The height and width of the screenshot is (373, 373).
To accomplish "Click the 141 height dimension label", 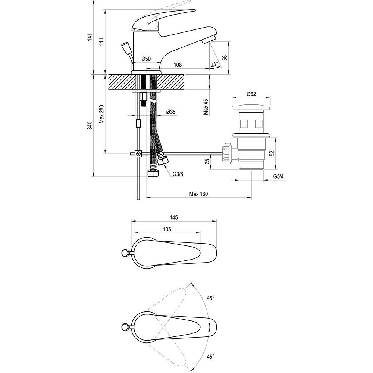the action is point(90,37).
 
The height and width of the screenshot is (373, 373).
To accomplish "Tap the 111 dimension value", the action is point(102,42).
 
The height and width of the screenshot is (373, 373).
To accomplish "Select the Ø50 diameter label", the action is point(146,59).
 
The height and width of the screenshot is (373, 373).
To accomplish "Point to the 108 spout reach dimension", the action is point(178,65).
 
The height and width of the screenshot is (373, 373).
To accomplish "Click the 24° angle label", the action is point(214,64).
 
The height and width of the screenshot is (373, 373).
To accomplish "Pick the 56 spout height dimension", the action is point(225,57).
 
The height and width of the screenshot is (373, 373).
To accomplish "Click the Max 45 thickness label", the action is point(206,107).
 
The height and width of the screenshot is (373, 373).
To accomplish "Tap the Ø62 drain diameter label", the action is point(251,94).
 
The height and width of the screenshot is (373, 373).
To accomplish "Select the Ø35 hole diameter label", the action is point(171,112).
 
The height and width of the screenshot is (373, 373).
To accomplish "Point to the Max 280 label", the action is point(101,114).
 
